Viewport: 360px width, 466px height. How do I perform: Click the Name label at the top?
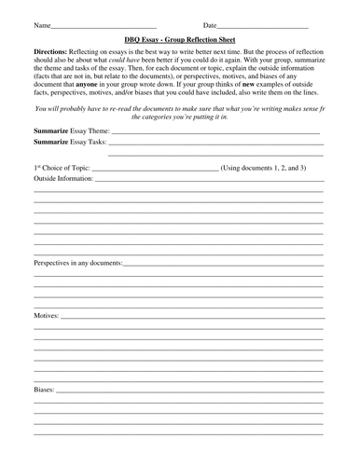pyautogui.click(x=42, y=25)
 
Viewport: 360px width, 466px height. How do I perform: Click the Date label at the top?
pyautogui.click(x=211, y=25)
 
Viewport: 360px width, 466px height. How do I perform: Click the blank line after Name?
pyautogui.click(x=104, y=27)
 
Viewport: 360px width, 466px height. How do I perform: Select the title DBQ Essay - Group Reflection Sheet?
pyautogui.click(x=178, y=41)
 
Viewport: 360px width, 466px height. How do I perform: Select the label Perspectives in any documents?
pyautogui.click(x=78, y=262)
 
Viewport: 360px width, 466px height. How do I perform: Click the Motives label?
pyautogui.click(x=47, y=317)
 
